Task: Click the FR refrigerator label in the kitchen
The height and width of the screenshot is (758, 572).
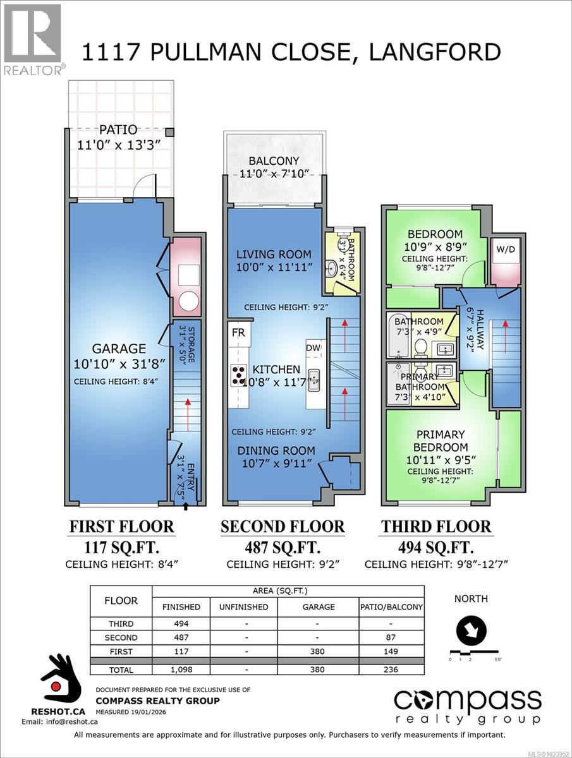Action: [238, 331]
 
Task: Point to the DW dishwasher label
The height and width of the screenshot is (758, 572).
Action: [313, 347]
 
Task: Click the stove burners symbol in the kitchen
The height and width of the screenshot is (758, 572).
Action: [238, 375]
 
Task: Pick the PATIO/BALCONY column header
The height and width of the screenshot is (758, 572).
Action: [391, 606]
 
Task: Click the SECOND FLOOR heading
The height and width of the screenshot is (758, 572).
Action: [282, 526]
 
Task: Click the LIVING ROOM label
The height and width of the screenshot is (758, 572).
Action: [274, 254]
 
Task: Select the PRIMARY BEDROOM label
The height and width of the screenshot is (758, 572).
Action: [441, 440]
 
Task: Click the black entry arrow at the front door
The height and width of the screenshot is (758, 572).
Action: [185, 505]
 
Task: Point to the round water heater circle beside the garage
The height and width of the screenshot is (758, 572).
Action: [188, 302]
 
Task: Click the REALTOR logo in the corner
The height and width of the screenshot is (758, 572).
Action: [33, 39]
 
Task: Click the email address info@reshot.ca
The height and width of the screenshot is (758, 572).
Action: [52, 721]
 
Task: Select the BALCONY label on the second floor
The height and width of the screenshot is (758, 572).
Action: [274, 160]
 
